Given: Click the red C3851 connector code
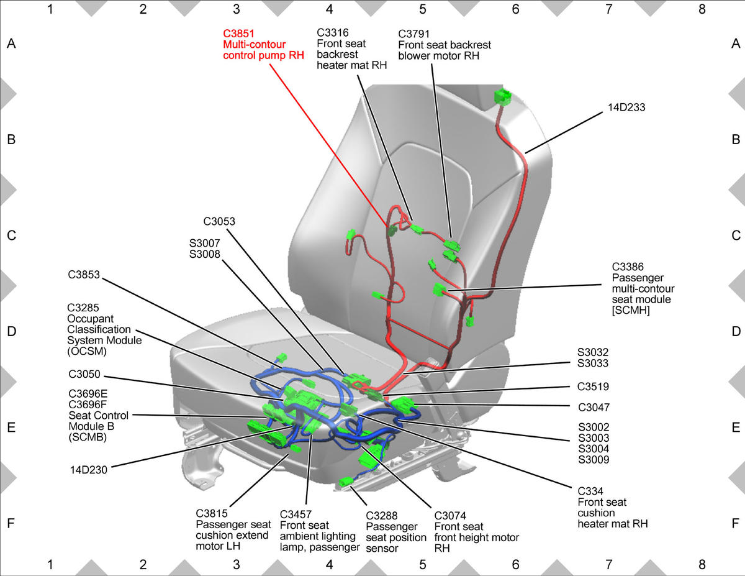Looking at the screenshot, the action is [238, 34].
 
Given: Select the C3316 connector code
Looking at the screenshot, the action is [332, 32].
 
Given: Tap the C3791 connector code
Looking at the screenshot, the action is [414, 34].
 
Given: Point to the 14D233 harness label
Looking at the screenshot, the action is [626, 107].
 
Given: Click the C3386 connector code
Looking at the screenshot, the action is [628, 267].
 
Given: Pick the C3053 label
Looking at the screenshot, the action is [219, 221].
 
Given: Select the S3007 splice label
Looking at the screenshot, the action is [205, 243].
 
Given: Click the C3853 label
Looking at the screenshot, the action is [84, 275].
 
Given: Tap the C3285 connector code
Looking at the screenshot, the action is [83, 308].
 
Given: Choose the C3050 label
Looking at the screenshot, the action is [84, 374].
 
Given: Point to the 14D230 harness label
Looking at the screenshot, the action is [88, 470].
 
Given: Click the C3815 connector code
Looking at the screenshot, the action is [212, 513].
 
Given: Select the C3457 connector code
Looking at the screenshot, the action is [296, 514].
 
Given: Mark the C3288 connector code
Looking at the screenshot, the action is [382, 516].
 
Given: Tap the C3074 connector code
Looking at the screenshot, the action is [450, 516].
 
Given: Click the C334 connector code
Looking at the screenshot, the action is [590, 491].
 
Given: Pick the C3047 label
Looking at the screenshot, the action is [594, 407].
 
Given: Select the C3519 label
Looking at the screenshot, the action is [593, 386].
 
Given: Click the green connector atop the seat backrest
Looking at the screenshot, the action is [503, 97].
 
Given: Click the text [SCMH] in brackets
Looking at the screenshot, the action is [631, 310].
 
